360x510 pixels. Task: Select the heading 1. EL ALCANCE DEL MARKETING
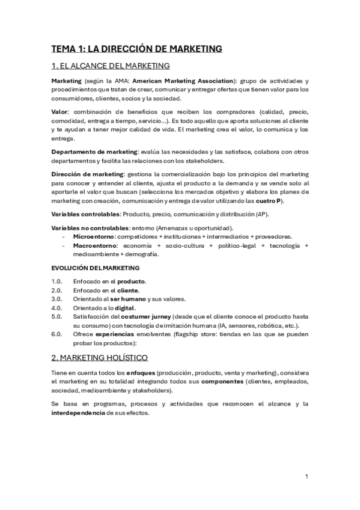(110, 66)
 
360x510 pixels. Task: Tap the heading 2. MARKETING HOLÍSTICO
(99, 358)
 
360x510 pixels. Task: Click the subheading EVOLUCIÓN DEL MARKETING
(96, 268)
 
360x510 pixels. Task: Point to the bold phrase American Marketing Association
(182, 81)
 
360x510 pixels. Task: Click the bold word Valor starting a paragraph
(59, 112)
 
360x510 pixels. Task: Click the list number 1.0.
(57, 281)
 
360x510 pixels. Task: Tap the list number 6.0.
(57, 334)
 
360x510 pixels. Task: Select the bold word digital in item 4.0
(126, 308)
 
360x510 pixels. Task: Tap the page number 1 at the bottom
(307, 476)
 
